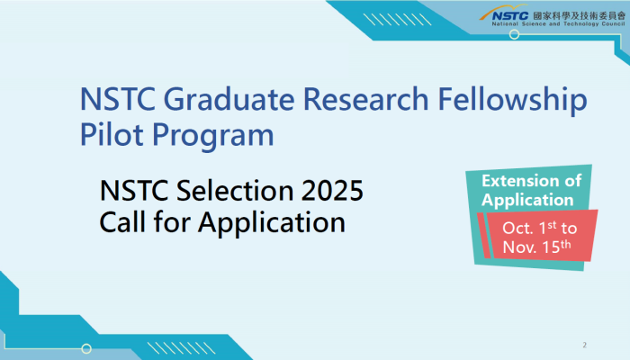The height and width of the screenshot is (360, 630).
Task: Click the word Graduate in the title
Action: pyautogui.click(x=229, y=99)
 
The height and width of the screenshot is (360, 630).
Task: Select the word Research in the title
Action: pyautogui.click(x=365, y=99)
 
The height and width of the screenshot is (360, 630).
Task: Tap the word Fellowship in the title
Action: pyautogui.click(x=512, y=101)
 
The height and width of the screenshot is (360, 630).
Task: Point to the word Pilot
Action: pyautogui.click(x=112, y=134)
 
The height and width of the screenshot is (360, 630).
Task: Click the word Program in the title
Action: pyautogui.click(x=213, y=137)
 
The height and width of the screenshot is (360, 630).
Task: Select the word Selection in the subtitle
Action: pyautogui.click(x=235, y=190)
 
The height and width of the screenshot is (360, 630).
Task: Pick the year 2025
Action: pyautogui.click(x=332, y=190)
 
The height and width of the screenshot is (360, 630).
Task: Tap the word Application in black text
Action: pyautogui.click(x=272, y=224)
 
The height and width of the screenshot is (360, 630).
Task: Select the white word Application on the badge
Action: pyautogui.click(x=527, y=201)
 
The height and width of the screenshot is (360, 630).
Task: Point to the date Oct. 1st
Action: pyautogui.click(x=529, y=228)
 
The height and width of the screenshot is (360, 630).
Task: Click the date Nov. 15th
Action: pyautogui.click(x=536, y=247)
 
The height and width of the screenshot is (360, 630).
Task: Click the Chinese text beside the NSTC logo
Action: pyautogui.click(x=580, y=15)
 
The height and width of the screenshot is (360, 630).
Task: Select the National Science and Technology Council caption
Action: pyautogui.click(x=559, y=24)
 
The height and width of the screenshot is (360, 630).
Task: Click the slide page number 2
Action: pyautogui.click(x=585, y=345)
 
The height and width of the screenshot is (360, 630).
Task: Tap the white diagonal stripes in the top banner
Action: pyautogui.click(x=398, y=20)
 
